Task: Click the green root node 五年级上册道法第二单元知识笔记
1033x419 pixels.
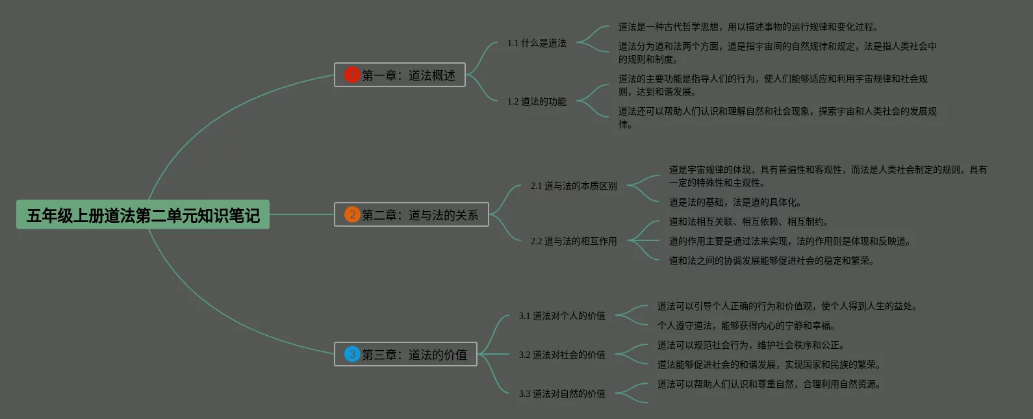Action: point(143,214)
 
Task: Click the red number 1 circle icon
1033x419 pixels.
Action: point(352,75)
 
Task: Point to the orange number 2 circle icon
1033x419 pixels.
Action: point(352,214)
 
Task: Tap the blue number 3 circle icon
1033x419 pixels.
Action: point(352,354)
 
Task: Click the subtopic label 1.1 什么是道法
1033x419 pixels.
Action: point(537,43)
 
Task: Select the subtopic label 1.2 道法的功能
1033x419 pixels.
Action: point(537,101)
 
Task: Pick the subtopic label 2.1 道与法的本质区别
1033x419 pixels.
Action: point(574,186)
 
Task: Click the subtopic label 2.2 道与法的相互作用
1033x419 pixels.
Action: point(574,241)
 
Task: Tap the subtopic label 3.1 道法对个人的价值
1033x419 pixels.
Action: point(562,316)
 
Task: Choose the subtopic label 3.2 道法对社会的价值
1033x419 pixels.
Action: point(562,355)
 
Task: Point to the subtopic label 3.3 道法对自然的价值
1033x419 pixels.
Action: point(562,394)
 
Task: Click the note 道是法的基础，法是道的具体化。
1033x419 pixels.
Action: point(735,202)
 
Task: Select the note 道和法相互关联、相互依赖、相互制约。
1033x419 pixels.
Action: point(749,222)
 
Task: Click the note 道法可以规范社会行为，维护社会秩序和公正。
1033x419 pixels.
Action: point(751,345)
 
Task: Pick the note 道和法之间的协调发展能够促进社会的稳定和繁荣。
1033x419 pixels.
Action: point(772,260)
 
